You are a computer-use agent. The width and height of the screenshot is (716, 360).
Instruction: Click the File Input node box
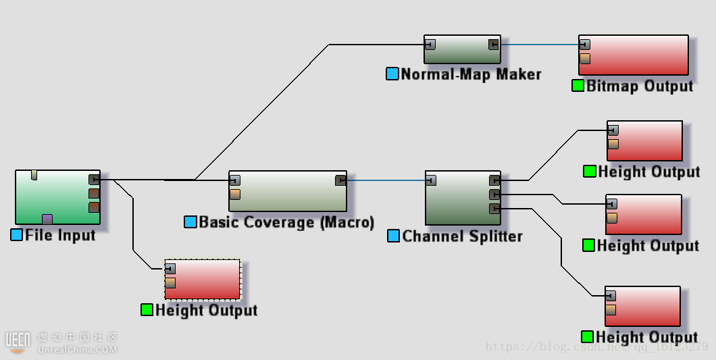tap(57, 197)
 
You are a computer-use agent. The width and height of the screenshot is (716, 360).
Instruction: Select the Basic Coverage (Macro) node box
tap(287, 191)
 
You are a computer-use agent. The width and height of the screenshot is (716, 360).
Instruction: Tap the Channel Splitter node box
tap(463, 198)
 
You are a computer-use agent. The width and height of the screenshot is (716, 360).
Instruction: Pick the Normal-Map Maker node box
tap(462, 50)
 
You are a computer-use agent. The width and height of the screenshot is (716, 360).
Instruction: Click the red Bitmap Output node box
tap(634, 55)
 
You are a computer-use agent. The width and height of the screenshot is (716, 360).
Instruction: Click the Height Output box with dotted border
tap(202, 280)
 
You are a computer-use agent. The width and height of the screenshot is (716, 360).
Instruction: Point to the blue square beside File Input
tap(17, 235)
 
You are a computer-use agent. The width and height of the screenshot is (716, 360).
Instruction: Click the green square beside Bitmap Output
tap(578, 86)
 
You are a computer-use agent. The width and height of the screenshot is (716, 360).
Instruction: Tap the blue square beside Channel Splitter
tap(394, 236)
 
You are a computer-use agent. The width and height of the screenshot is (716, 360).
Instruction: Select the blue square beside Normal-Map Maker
tap(392, 74)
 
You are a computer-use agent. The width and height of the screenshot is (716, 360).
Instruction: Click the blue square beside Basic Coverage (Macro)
tap(190, 222)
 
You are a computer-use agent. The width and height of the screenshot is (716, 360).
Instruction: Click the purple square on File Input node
tap(47, 219)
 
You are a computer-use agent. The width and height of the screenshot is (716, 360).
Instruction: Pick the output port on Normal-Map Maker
tap(494, 45)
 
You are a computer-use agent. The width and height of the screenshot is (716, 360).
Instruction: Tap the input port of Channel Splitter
tap(430, 180)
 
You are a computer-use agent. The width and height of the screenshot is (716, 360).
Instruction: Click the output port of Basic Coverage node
tap(341, 180)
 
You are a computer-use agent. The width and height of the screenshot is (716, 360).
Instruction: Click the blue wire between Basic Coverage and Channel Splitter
tap(385, 180)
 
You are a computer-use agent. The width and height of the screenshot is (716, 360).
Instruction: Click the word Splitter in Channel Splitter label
tap(492, 236)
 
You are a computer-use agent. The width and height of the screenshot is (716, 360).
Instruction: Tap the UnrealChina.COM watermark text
tap(77, 350)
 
